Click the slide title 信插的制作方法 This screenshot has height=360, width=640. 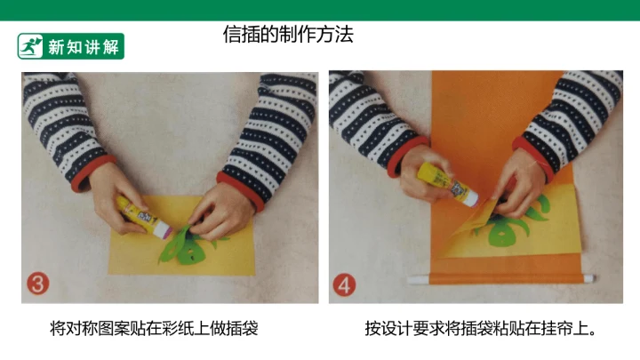click(288, 35)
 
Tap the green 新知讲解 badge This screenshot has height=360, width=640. click(70, 46)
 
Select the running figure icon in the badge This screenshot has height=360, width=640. click(30, 46)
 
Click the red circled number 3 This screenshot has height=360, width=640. click(38, 284)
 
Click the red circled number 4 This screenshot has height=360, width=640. click(344, 284)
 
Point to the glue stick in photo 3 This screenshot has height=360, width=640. click(145, 217)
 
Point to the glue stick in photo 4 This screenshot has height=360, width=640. click(448, 184)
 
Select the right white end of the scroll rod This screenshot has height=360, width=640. click(589, 279)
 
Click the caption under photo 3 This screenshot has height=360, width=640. click(154, 328)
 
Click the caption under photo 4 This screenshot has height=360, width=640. click(481, 328)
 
